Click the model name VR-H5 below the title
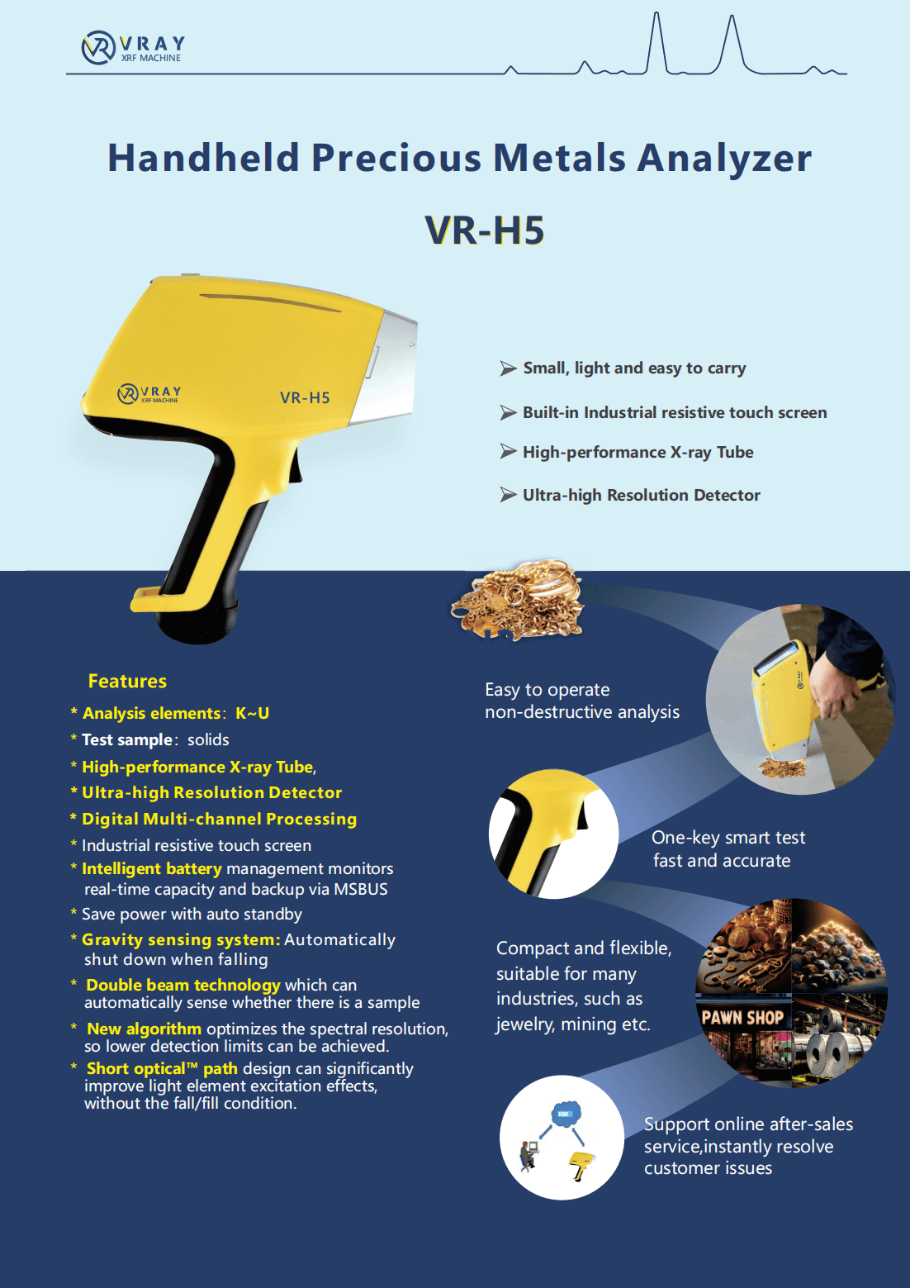(484, 231)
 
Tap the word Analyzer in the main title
(724, 158)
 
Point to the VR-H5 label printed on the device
(305, 397)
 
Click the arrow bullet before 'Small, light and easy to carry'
(508, 368)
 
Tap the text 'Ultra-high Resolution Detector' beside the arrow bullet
(641, 495)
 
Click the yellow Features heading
(127, 681)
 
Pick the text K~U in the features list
(253, 713)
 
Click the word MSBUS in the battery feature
(360, 889)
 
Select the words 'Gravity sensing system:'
(181, 939)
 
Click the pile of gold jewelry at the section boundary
(517, 600)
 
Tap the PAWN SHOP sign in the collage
(742, 1019)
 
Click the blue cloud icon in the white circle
(565, 1114)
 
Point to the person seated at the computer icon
(527, 1155)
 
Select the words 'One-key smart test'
(728, 837)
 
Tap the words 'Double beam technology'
(182, 985)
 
